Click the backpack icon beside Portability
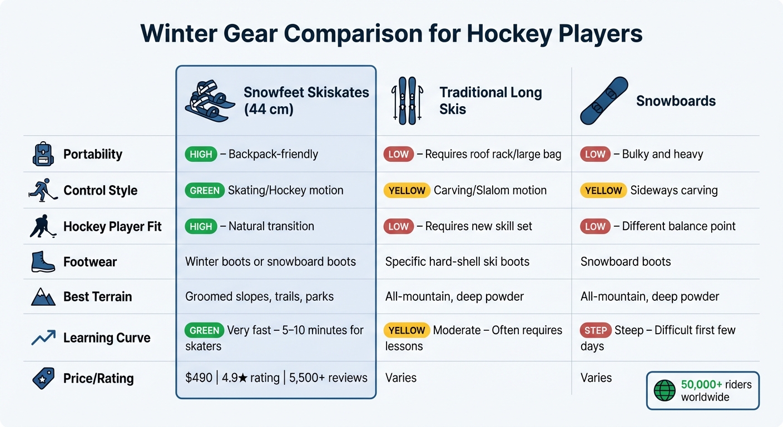pyautogui.click(x=43, y=154)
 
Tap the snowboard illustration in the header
pyautogui.click(x=603, y=101)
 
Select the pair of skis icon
pyautogui.click(x=408, y=101)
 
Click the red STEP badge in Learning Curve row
pyautogui.click(x=596, y=330)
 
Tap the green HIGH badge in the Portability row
pyautogui.click(x=201, y=154)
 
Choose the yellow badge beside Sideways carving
pyautogui.click(x=603, y=190)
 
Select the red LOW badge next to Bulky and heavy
pyautogui.click(x=594, y=154)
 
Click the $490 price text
pyautogui.click(x=199, y=378)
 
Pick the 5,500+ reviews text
pyautogui.click(x=328, y=378)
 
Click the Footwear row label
pyautogui.click(x=90, y=262)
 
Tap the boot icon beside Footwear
pyautogui.click(x=43, y=262)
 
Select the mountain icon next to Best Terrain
pyautogui.click(x=43, y=297)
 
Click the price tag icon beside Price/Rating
pyautogui.click(x=43, y=379)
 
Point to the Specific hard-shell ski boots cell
pyautogui.click(x=457, y=262)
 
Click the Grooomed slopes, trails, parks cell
pyautogui.click(x=259, y=296)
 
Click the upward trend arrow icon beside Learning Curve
pyautogui.click(x=43, y=337)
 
